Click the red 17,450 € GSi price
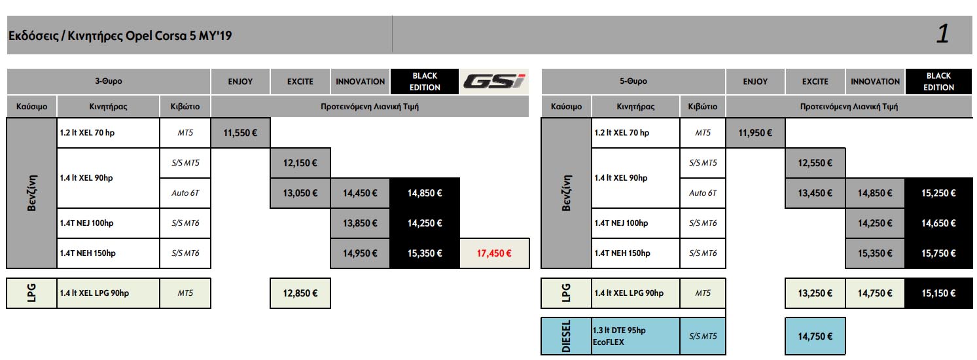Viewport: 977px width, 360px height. [x=495, y=253]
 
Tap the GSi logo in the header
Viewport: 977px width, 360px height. [x=495, y=81]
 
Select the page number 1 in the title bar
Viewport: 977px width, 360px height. [x=942, y=34]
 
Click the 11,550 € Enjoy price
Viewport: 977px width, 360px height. [x=240, y=133]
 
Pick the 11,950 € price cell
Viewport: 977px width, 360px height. [x=755, y=133]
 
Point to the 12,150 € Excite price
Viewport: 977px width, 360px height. [x=300, y=163]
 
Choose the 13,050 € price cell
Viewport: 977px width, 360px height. [x=300, y=193]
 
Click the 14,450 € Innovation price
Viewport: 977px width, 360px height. [x=360, y=193]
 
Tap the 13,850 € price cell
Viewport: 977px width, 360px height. [x=360, y=223]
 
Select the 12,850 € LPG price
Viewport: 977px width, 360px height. [x=300, y=293]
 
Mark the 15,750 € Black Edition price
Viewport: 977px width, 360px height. [x=939, y=253]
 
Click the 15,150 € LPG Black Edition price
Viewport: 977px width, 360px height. [x=939, y=293]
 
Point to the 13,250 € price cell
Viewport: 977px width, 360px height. [x=815, y=293]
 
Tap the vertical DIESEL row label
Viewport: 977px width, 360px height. [x=566, y=336]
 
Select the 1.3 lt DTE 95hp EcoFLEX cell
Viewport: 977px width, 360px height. [x=635, y=336]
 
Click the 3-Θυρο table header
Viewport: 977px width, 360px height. [x=109, y=81]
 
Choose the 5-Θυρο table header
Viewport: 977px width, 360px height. [x=633, y=81]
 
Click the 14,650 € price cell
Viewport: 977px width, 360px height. [x=939, y=223]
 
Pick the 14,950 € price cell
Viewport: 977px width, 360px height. [x=360, y=253]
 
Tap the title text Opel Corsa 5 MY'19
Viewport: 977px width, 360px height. [x=120, y=35]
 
